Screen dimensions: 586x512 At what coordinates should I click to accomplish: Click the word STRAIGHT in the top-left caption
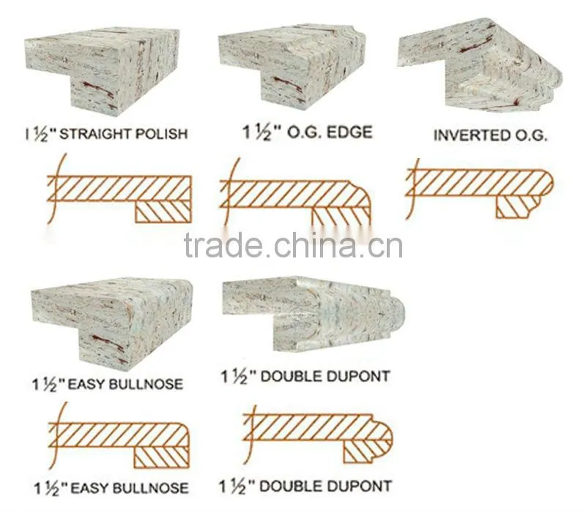pyautogui.click(x=95, y=133)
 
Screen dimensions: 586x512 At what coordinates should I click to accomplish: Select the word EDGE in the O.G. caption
pyautogui.click(x=349, y=132)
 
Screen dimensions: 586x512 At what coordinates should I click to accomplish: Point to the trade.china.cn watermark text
pyautogui.click(x=294, y=245)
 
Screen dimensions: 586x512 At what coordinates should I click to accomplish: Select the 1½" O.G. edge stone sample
pyautogui.click(x=292, y=68)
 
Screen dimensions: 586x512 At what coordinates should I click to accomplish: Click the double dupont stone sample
pyautogui.click(x=314, y=315)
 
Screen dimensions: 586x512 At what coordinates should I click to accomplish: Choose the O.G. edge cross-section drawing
pyautogui.click(x=295, y=194)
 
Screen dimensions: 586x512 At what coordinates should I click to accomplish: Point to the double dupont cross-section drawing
pyautogui.click(x=318, y=435)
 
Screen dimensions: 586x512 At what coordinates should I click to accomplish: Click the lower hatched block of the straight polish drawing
pyautogui.click(x=163, y=212)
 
